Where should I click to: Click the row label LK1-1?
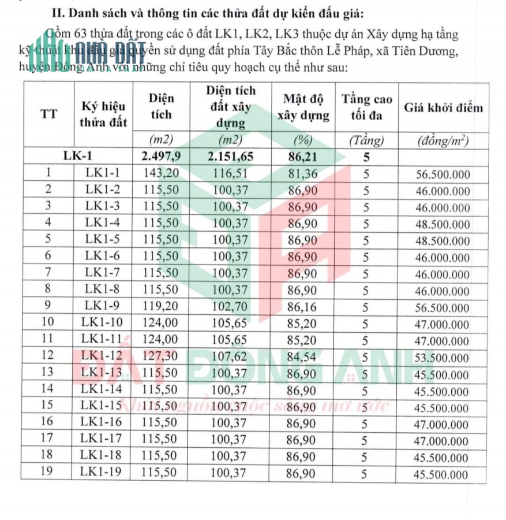[x=103, y=173]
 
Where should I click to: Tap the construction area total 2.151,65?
[x=231, y=156]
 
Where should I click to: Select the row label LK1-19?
[x=103, y=473]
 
